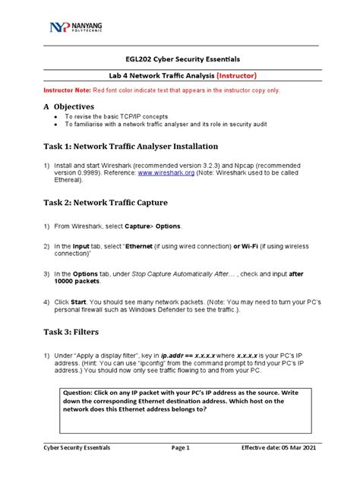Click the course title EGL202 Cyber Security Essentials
pyautogui.click(x=179, y=59)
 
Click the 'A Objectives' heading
pyautogui.click(x=68, y=107)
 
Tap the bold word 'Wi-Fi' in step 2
pyautogui.click(x=245, y=246)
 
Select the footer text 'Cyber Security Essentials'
pyautogui.click(x=76, y=447)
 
